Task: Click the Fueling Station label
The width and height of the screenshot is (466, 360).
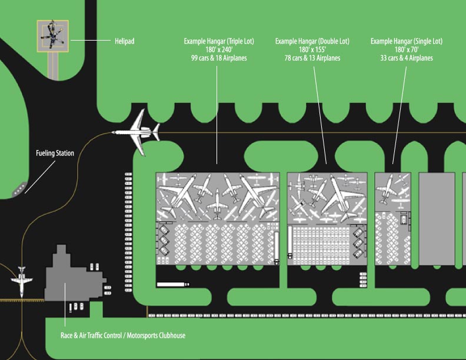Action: pyautogui.click(x=55, y=154)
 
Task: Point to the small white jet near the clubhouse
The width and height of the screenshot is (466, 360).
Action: pyautogui.click(x=22, y=281)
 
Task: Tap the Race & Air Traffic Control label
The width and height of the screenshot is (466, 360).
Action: pyautogui.click(x=123, y=336)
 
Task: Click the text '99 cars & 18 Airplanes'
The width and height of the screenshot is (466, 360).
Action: pyautogui.click(x=218, y=58)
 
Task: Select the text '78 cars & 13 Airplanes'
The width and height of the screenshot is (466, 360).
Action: pyautogui.click(x=312, y=58)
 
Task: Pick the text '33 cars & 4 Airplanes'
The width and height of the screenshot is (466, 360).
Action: pyautogui.click(x=406, y=58)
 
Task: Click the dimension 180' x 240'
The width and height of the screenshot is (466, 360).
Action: pyautogui.click(x=218, y=50)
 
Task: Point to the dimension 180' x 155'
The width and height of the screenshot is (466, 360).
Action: pyautogui.click(x=312, y=50)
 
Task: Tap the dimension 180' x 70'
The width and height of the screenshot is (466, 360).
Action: pyautogui.click(x=406, y=50)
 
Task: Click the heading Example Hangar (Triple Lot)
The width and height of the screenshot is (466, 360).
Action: pyautogui.click(x=218, y=42)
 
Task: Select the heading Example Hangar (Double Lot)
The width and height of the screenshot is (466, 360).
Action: pyautogui.click(x=312, y=42)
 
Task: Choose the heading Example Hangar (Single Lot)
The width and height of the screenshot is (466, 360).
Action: pyautogui.click(x=406, y=42)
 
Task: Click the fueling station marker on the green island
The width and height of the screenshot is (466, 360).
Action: pyautogui.click(x=18, y=189)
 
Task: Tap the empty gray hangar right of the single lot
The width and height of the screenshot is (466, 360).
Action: pyautogui.click(x=437, y=218)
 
